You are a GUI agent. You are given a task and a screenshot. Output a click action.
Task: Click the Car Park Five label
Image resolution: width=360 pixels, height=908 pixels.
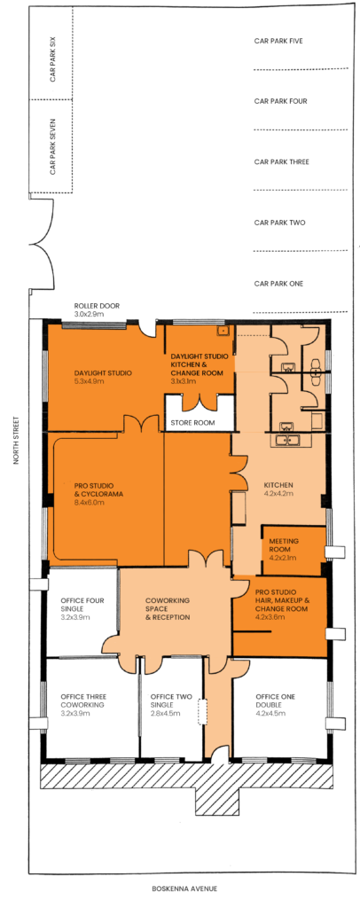click(278, 41)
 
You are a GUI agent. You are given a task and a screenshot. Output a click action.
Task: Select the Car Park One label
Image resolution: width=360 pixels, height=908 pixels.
click(278, 284)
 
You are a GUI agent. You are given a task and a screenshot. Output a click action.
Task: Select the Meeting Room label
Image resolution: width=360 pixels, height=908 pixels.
click(284, 545)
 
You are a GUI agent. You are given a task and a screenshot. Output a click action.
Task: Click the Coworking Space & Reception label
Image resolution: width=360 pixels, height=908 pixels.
click(168, 608)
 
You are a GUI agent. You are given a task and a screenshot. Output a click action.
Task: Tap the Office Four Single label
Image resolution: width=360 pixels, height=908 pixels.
click(83, 604)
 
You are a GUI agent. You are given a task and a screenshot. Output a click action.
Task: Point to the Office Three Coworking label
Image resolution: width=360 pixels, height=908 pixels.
click(82, 701)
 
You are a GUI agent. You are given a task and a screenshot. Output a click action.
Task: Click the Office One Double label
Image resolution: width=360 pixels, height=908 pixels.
click(267, 701)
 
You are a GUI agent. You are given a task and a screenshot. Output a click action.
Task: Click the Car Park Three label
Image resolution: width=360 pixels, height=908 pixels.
click(281, 161)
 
